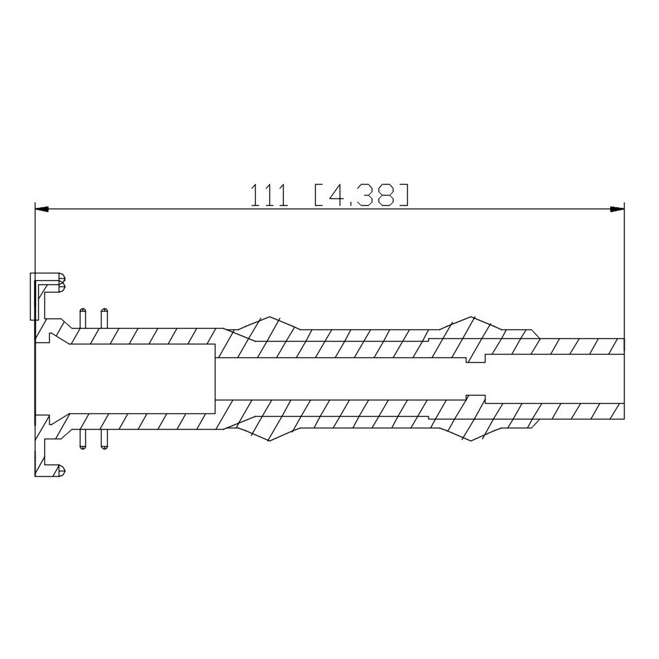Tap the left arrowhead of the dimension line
point(42,210)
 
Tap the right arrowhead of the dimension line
point(617,210)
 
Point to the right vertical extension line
point(624,272)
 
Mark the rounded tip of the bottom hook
point(62,471)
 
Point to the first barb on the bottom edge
point(266,435)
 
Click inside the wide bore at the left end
point(132,378)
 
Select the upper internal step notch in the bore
point(475,358)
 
